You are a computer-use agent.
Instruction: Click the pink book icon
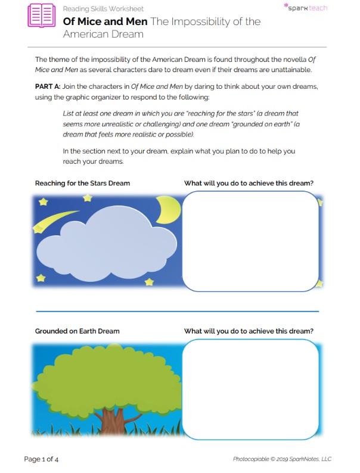41,14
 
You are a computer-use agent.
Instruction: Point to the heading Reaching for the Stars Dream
82,183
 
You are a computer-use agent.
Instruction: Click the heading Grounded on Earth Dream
77,331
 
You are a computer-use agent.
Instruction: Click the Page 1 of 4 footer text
41,459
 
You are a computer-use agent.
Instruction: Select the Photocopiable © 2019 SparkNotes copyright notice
282,459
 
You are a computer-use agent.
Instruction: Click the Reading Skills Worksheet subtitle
103,9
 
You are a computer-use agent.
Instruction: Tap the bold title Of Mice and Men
105,21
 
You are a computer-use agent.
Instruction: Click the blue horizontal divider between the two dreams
177,311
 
